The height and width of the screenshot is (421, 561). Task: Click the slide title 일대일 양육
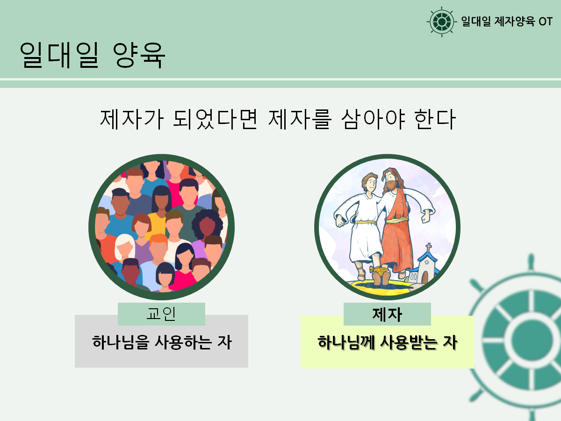(93, 55)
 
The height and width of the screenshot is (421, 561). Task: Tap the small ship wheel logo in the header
(442, 22)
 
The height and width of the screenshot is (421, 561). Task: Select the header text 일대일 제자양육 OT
(507, 22)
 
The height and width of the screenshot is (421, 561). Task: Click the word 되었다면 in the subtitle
(215, 119)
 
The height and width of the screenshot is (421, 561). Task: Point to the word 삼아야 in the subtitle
(373, 119)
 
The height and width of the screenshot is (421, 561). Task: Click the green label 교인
(161, 313)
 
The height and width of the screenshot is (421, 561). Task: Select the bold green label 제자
(387, 314)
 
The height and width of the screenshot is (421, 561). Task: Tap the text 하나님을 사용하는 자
(162, 342)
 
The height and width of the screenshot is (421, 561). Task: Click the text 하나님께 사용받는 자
(387, 342)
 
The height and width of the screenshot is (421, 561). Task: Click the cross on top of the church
(429, 247)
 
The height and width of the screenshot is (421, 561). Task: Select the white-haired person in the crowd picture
(125, 248)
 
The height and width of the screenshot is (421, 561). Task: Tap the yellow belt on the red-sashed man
(397, 220)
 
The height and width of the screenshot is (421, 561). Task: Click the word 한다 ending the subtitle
(435, 119)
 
